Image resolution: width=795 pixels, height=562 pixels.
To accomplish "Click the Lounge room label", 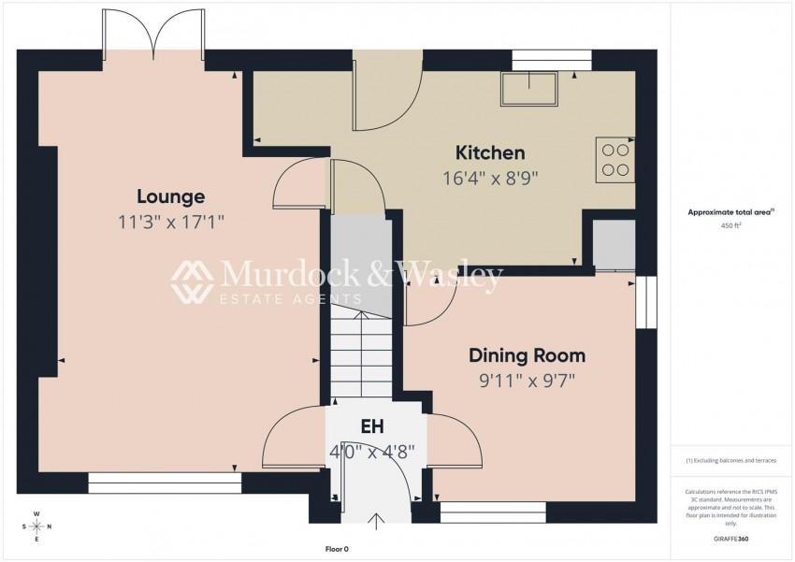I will pyautogui.click(x=170, y=196).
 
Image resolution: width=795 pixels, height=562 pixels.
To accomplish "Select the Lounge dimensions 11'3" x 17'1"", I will pyautogui.click(x=170, y=222).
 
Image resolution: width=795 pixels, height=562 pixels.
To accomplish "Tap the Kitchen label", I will pyautogui.click(x=489, y=152).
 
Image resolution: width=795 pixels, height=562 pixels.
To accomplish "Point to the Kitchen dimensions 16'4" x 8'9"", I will pyautogui.click(x=489, y=176).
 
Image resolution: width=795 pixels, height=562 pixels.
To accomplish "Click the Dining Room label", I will pyautogui.click(x=527, y=355).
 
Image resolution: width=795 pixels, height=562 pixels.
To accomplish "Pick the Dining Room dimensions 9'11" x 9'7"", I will pyautogui.click(x=527, y=380).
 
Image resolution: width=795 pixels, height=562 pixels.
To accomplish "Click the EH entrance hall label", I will pyautogui.click(x=372, y=427).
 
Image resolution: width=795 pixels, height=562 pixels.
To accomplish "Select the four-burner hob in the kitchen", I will pyautogui.click(x=614, y=160).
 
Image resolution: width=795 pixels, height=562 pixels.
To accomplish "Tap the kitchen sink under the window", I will pyautogui.click(x=528, y=90).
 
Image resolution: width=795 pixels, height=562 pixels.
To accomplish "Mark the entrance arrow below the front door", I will pyautogui.click(x=378, y=520).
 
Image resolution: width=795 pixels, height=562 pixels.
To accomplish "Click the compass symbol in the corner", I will pyautogui.click(x=36, y=526).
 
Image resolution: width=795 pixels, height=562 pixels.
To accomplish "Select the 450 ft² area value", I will pyautogui.click(x=731, y=225).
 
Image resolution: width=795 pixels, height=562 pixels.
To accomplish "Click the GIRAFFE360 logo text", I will pyautogui.click(x=730, y=540).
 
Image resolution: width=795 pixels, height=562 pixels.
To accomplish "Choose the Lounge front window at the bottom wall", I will pyautogui.click(x=165, y=483).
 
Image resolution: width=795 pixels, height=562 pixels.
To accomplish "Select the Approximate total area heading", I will pyautogui.click(x=731, y=212).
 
